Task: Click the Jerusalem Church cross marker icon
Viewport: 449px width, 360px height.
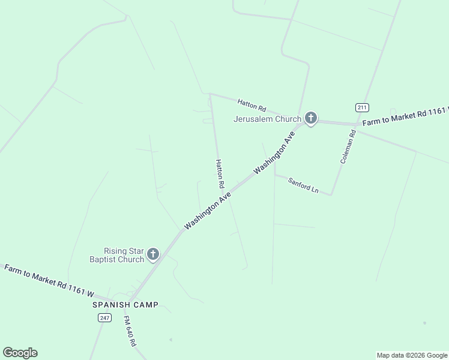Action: (310, 118)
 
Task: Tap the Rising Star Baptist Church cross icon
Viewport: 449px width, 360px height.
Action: (152, 254)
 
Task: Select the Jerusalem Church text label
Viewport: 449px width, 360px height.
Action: (267, 119)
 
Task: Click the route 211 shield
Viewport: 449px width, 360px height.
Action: (361, 107)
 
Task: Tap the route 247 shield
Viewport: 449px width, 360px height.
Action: (104, 317)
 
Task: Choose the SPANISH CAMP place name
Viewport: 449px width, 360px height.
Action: (125, 305)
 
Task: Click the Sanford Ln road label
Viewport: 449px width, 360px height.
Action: (303, 185)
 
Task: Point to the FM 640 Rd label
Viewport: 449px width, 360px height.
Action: (130, 332)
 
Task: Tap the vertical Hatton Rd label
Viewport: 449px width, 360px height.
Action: (220, 174)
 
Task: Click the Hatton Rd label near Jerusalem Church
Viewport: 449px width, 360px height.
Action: (252, 106)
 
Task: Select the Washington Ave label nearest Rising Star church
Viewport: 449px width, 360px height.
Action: (208, 210)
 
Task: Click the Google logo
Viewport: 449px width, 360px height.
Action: (20, 353)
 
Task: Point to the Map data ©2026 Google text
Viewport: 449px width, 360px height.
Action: (412, 355)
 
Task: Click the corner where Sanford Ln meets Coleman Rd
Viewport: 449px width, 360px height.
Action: (331, 194)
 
